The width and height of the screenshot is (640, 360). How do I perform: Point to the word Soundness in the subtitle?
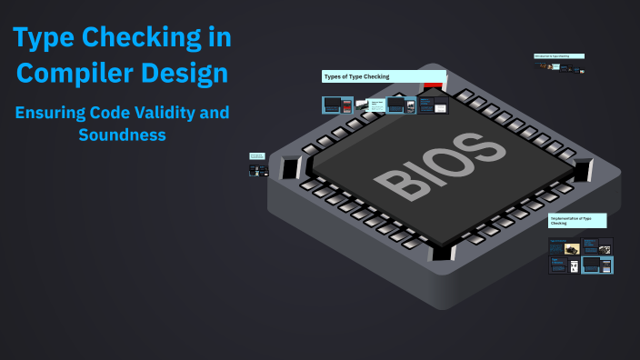121,135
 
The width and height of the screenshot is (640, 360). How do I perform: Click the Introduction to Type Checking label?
558,56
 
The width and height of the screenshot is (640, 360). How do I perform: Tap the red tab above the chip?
433,85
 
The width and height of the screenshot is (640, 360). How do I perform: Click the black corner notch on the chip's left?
291,168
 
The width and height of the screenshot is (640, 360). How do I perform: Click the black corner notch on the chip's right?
582,169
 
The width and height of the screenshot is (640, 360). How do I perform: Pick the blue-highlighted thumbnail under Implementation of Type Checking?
597,265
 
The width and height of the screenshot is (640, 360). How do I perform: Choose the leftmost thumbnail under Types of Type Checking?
332,105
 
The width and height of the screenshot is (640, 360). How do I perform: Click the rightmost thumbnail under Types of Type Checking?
439,106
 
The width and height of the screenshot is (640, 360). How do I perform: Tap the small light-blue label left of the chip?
257,156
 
